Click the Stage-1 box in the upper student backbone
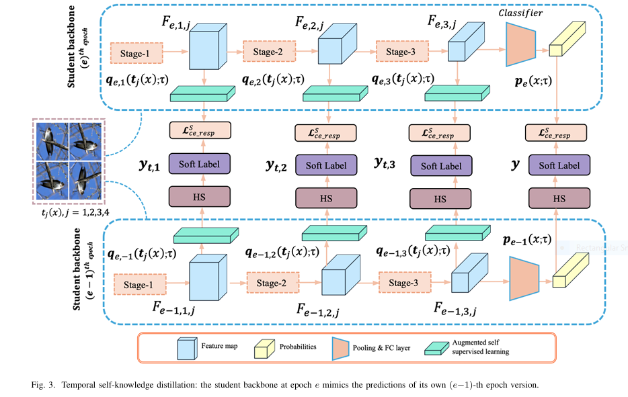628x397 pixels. [x=136, y=53]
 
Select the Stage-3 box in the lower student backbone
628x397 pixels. [x=405, y=283]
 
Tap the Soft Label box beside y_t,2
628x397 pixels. [x=326, y=165]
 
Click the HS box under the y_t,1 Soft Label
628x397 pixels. [x=200, y=197]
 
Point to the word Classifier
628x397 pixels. [x=520, y=13]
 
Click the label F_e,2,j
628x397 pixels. [x=309, y=24]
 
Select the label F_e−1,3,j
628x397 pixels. [x=455, y=308]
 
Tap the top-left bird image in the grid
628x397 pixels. [x=52, y=141]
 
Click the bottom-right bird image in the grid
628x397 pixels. [x=85, y=181]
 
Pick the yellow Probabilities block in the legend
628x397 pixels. [x=264, y=349]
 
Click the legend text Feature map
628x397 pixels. [x=219, y=346]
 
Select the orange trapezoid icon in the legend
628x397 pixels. [x=340, y=348]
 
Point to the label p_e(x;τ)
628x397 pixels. [x=533, y=81]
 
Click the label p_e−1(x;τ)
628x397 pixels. [x=527, y=240]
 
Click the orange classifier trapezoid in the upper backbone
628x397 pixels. [x=520, y=44]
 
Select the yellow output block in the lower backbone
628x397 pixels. [x=571, y=270]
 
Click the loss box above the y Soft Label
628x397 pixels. [x=556, y=133]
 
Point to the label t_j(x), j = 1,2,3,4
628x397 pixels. [x=75, y=212]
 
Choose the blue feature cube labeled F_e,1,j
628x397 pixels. [x=208, y=46]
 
